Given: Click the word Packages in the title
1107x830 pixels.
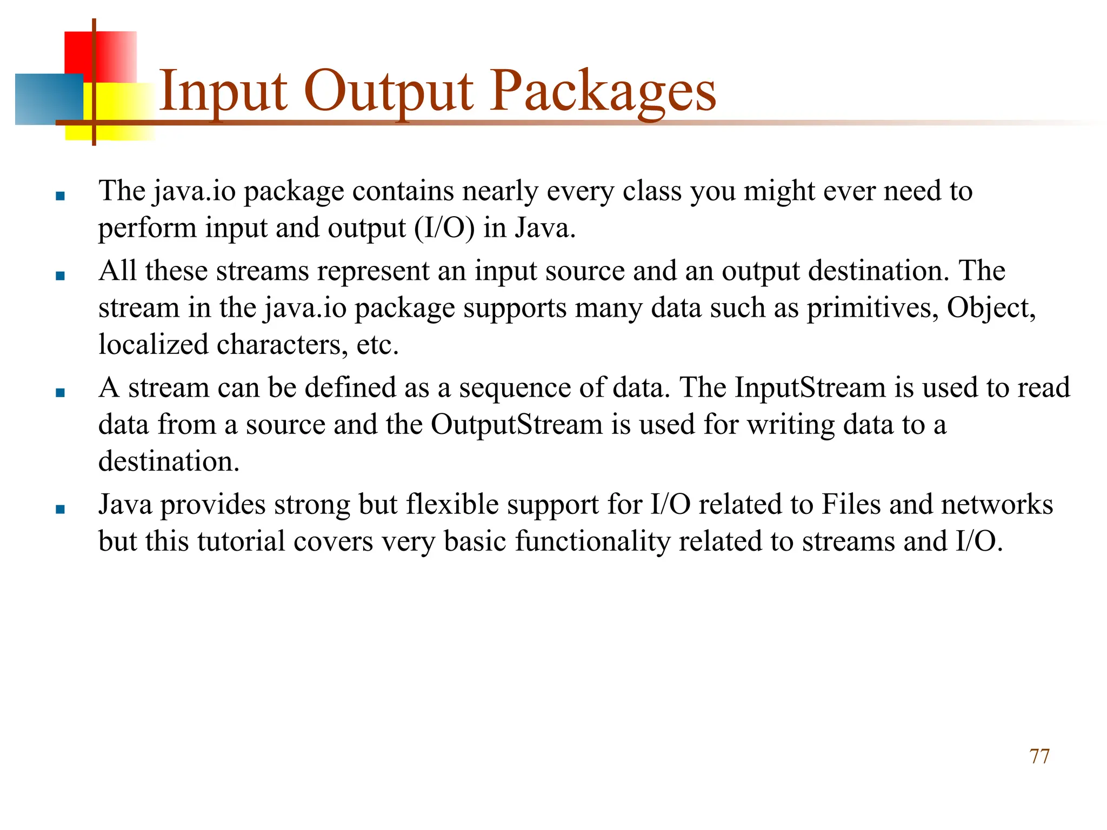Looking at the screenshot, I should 603,92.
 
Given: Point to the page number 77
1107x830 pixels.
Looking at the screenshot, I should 1039,757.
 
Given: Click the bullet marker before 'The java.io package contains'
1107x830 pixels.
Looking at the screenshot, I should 60,196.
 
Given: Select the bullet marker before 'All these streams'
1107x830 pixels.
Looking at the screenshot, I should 60,276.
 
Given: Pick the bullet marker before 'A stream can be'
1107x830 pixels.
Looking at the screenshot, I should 60,392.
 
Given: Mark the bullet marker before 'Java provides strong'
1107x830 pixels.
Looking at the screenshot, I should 60,509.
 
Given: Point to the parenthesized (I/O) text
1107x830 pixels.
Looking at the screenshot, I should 444,228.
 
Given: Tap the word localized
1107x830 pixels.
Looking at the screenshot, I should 154,345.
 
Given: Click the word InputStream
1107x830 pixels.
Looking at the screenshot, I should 810,388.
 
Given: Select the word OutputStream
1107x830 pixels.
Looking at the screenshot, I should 516,425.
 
